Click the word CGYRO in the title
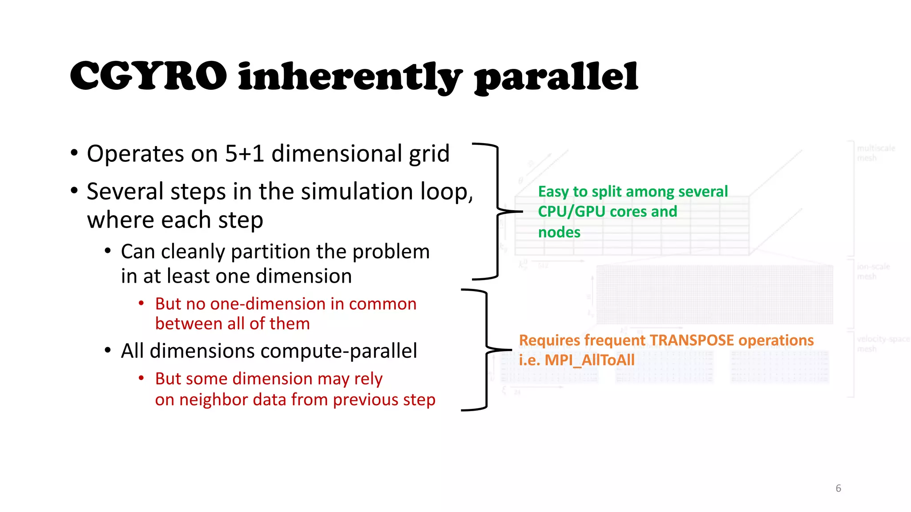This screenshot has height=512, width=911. click(148, 76)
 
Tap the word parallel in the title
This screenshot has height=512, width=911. click(556, 78)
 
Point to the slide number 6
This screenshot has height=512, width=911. click(838, 488)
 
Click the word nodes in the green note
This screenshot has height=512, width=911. click(559, 232)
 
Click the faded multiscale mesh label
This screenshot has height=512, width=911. click(875, 153)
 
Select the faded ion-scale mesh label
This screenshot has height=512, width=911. click(873, 271)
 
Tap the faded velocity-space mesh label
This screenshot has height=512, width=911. click(883, 344)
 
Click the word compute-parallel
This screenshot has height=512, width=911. click(339, 351)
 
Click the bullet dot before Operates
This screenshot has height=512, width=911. click(74, 153)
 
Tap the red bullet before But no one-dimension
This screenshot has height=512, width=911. click(141, 304)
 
